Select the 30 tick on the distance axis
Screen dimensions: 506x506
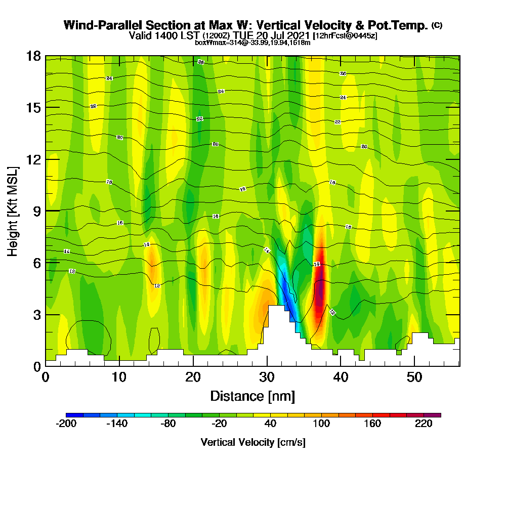click(267, 377)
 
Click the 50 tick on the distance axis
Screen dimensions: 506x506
click(414, 377)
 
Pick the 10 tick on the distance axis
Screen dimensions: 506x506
click(119, 377)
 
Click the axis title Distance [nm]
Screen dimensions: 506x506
click(252, 396)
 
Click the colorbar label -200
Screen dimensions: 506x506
click(66, 424)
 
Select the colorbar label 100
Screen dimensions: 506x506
click(322, 424)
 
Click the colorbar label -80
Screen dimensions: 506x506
click(168, 424)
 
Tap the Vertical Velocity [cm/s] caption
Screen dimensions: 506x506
click(253, 442)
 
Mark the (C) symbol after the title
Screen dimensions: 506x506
click(437, 25)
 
